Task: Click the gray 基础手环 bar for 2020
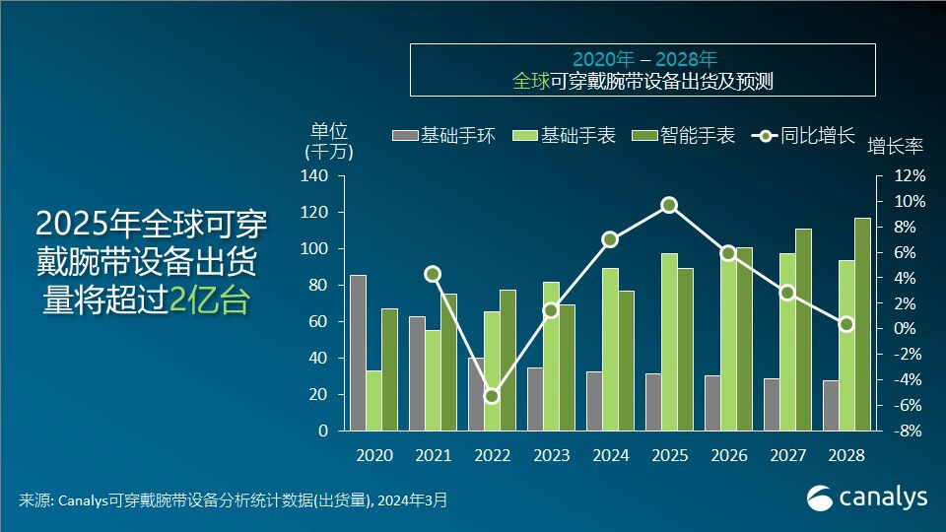[x=358, y=353]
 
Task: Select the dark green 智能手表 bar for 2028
[x=862, y=324]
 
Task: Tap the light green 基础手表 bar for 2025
[x=669, y=342]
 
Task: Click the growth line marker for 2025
[x=669, y=205]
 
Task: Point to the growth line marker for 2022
[x=492, y=396]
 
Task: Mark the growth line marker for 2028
[x=846, y=324]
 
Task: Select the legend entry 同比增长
[x=802, y=136]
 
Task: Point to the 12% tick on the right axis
[x=910, y=175]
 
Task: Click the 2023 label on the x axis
[x=551, y=456]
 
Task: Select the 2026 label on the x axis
[x=728, y=456]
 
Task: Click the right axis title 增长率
[x=895, y=146]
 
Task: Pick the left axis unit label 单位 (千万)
[x=329, y=141]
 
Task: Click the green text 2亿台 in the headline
[x=209, y=301]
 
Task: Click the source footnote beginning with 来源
[x=233, y=500]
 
